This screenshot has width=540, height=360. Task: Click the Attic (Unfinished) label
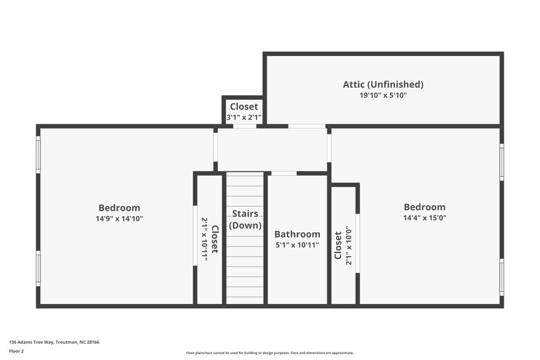click(x=383, y=84)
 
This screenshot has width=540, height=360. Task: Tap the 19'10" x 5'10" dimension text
click(x=383, y=96)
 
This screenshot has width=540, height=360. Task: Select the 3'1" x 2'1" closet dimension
click(x=244, y=118)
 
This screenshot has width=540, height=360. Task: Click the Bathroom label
click(x=297, y=234)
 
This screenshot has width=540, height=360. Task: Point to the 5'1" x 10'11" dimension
click(x=297, y=245)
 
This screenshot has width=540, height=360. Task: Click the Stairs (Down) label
click(x=245, y=220)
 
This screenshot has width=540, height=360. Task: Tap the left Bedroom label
click(x=119, y=208)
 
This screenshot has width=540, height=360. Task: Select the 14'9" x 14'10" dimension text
click(x=119, y=219)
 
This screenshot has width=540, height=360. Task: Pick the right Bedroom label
click(x=425, y=207)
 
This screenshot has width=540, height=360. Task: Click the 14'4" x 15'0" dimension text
click(x=425, y=218)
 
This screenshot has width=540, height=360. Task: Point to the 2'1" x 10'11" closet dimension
click(x=205, y=238)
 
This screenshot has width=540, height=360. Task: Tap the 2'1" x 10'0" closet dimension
click(x=349, y=245)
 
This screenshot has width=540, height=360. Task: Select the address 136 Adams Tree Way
click(x=54, y=342)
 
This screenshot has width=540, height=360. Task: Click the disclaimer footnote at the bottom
click(x=270, y=353)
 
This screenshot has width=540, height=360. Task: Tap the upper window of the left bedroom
click(x=38, y=155)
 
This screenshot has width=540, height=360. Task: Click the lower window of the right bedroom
click(x=502, y=277)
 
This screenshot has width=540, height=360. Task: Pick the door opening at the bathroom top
click(x=283, y=174)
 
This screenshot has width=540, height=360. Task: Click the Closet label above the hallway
click(x=244, y=107)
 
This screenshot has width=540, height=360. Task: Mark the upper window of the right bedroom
click(x=502, y=162)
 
